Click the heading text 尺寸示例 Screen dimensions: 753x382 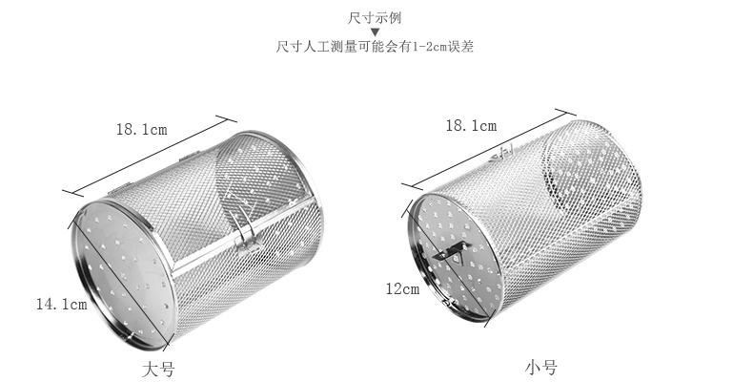375,16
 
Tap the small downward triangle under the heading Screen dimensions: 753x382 375,32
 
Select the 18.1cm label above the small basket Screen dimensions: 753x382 470,125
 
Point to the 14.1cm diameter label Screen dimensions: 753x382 60,305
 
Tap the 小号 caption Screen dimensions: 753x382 540,367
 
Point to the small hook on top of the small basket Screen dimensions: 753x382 505,150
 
